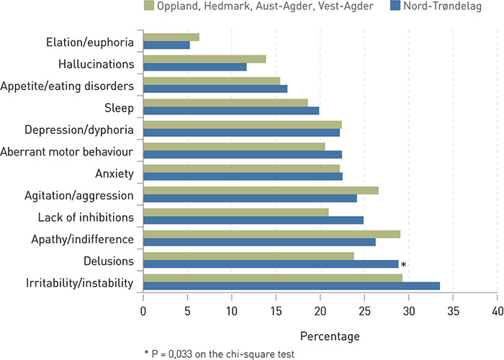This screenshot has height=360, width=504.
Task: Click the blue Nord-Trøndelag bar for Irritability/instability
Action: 291,286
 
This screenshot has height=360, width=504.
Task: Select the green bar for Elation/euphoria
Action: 171,37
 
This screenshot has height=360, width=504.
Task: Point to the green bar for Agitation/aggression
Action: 261,190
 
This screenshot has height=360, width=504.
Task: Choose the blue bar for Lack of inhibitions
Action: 253,220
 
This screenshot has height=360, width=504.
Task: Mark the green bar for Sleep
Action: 225,103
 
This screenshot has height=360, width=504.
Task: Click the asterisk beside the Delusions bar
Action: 404,266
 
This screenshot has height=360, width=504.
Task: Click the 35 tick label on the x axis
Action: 453,310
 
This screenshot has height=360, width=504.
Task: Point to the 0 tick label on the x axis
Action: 143,310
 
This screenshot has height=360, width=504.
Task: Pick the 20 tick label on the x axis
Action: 320,310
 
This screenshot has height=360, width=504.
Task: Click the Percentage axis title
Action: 320,336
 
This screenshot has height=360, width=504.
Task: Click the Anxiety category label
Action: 114,174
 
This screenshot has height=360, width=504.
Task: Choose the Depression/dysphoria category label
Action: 79,130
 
